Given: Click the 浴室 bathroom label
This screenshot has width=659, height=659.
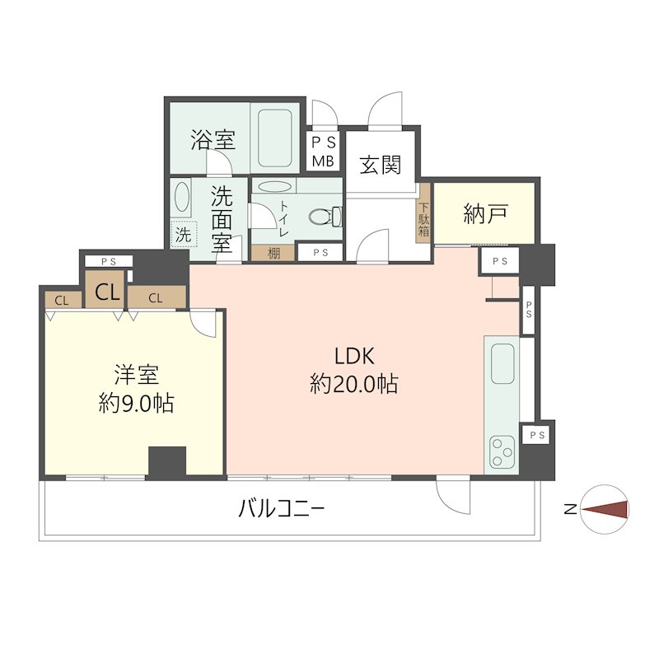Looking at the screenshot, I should pos(213,140).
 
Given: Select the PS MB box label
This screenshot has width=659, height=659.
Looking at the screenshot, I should pos(322,151).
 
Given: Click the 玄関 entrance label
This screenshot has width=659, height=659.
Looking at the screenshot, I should pos(380,165).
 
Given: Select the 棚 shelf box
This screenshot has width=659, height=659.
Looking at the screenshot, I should pos(273,253).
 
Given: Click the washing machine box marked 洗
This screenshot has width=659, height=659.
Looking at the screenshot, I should pos(183,234).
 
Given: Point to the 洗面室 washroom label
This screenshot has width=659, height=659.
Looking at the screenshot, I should pos(221,219).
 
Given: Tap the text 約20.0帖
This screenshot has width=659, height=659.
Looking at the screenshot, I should pos(354,383).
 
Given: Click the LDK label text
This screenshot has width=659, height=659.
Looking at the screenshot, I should pos(354,357).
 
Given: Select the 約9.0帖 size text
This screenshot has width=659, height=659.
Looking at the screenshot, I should pos(137,404).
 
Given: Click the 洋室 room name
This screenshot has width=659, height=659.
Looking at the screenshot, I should pos(137,376).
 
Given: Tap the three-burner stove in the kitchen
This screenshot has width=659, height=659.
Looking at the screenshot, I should pos(501,451).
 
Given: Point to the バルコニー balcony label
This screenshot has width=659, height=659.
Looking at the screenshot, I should pos(281,510).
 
